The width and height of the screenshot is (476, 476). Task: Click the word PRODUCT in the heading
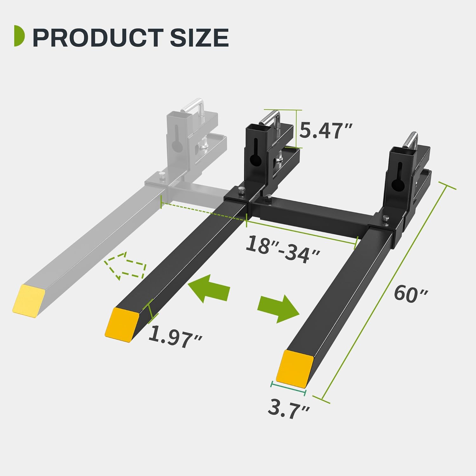98,37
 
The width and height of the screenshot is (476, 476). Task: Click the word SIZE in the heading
199,37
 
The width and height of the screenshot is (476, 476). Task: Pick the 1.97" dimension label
175,337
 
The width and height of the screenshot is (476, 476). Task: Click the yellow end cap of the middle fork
122,325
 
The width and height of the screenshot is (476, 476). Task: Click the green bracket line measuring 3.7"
288,389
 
